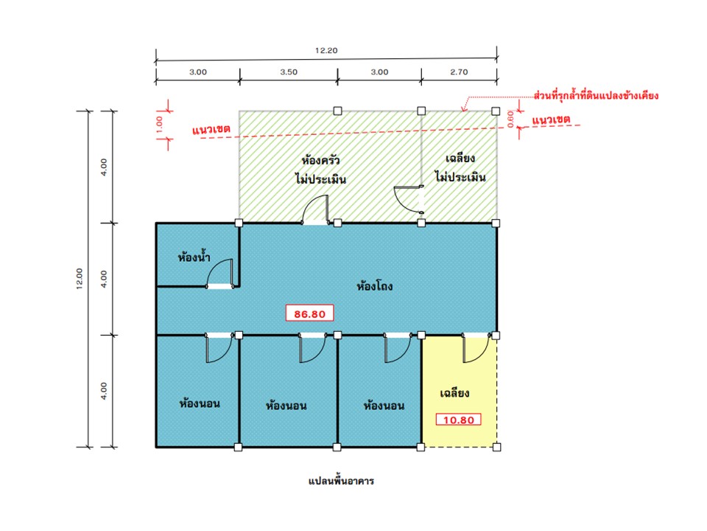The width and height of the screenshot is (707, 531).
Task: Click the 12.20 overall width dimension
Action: (x=326, y=51)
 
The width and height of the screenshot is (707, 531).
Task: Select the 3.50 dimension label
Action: (x=289, y=72)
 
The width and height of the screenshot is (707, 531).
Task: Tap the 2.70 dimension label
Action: (x=459, y=72)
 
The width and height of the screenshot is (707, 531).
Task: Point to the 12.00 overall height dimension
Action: (x=80, y=279)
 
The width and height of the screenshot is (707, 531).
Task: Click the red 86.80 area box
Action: (x=310, y=314)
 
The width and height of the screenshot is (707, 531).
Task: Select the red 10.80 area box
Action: (x=459, y=420)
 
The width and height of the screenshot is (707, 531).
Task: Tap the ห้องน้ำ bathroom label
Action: (x=194, y=257)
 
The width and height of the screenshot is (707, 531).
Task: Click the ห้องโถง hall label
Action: (x=375, y=286)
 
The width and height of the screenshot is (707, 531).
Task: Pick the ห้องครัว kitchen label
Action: (x=320, y=160)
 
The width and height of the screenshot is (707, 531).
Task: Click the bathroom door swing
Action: (x=219, y=274)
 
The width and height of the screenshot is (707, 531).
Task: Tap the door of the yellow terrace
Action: (x=476, y=348)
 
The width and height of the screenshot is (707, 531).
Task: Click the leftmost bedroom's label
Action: (x=200, y=403)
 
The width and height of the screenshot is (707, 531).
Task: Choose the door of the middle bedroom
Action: (x=312, y=348)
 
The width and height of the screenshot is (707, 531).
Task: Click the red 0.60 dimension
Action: (x=510, y=119)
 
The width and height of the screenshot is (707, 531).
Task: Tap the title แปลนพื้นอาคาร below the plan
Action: (x=341, y=480)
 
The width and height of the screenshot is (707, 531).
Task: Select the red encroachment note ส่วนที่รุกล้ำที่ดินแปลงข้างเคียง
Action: (x=596, y=95)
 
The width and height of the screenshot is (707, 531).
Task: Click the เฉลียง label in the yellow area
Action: (x=454, y=393)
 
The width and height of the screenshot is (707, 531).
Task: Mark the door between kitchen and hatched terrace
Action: (x=409, y=199)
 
